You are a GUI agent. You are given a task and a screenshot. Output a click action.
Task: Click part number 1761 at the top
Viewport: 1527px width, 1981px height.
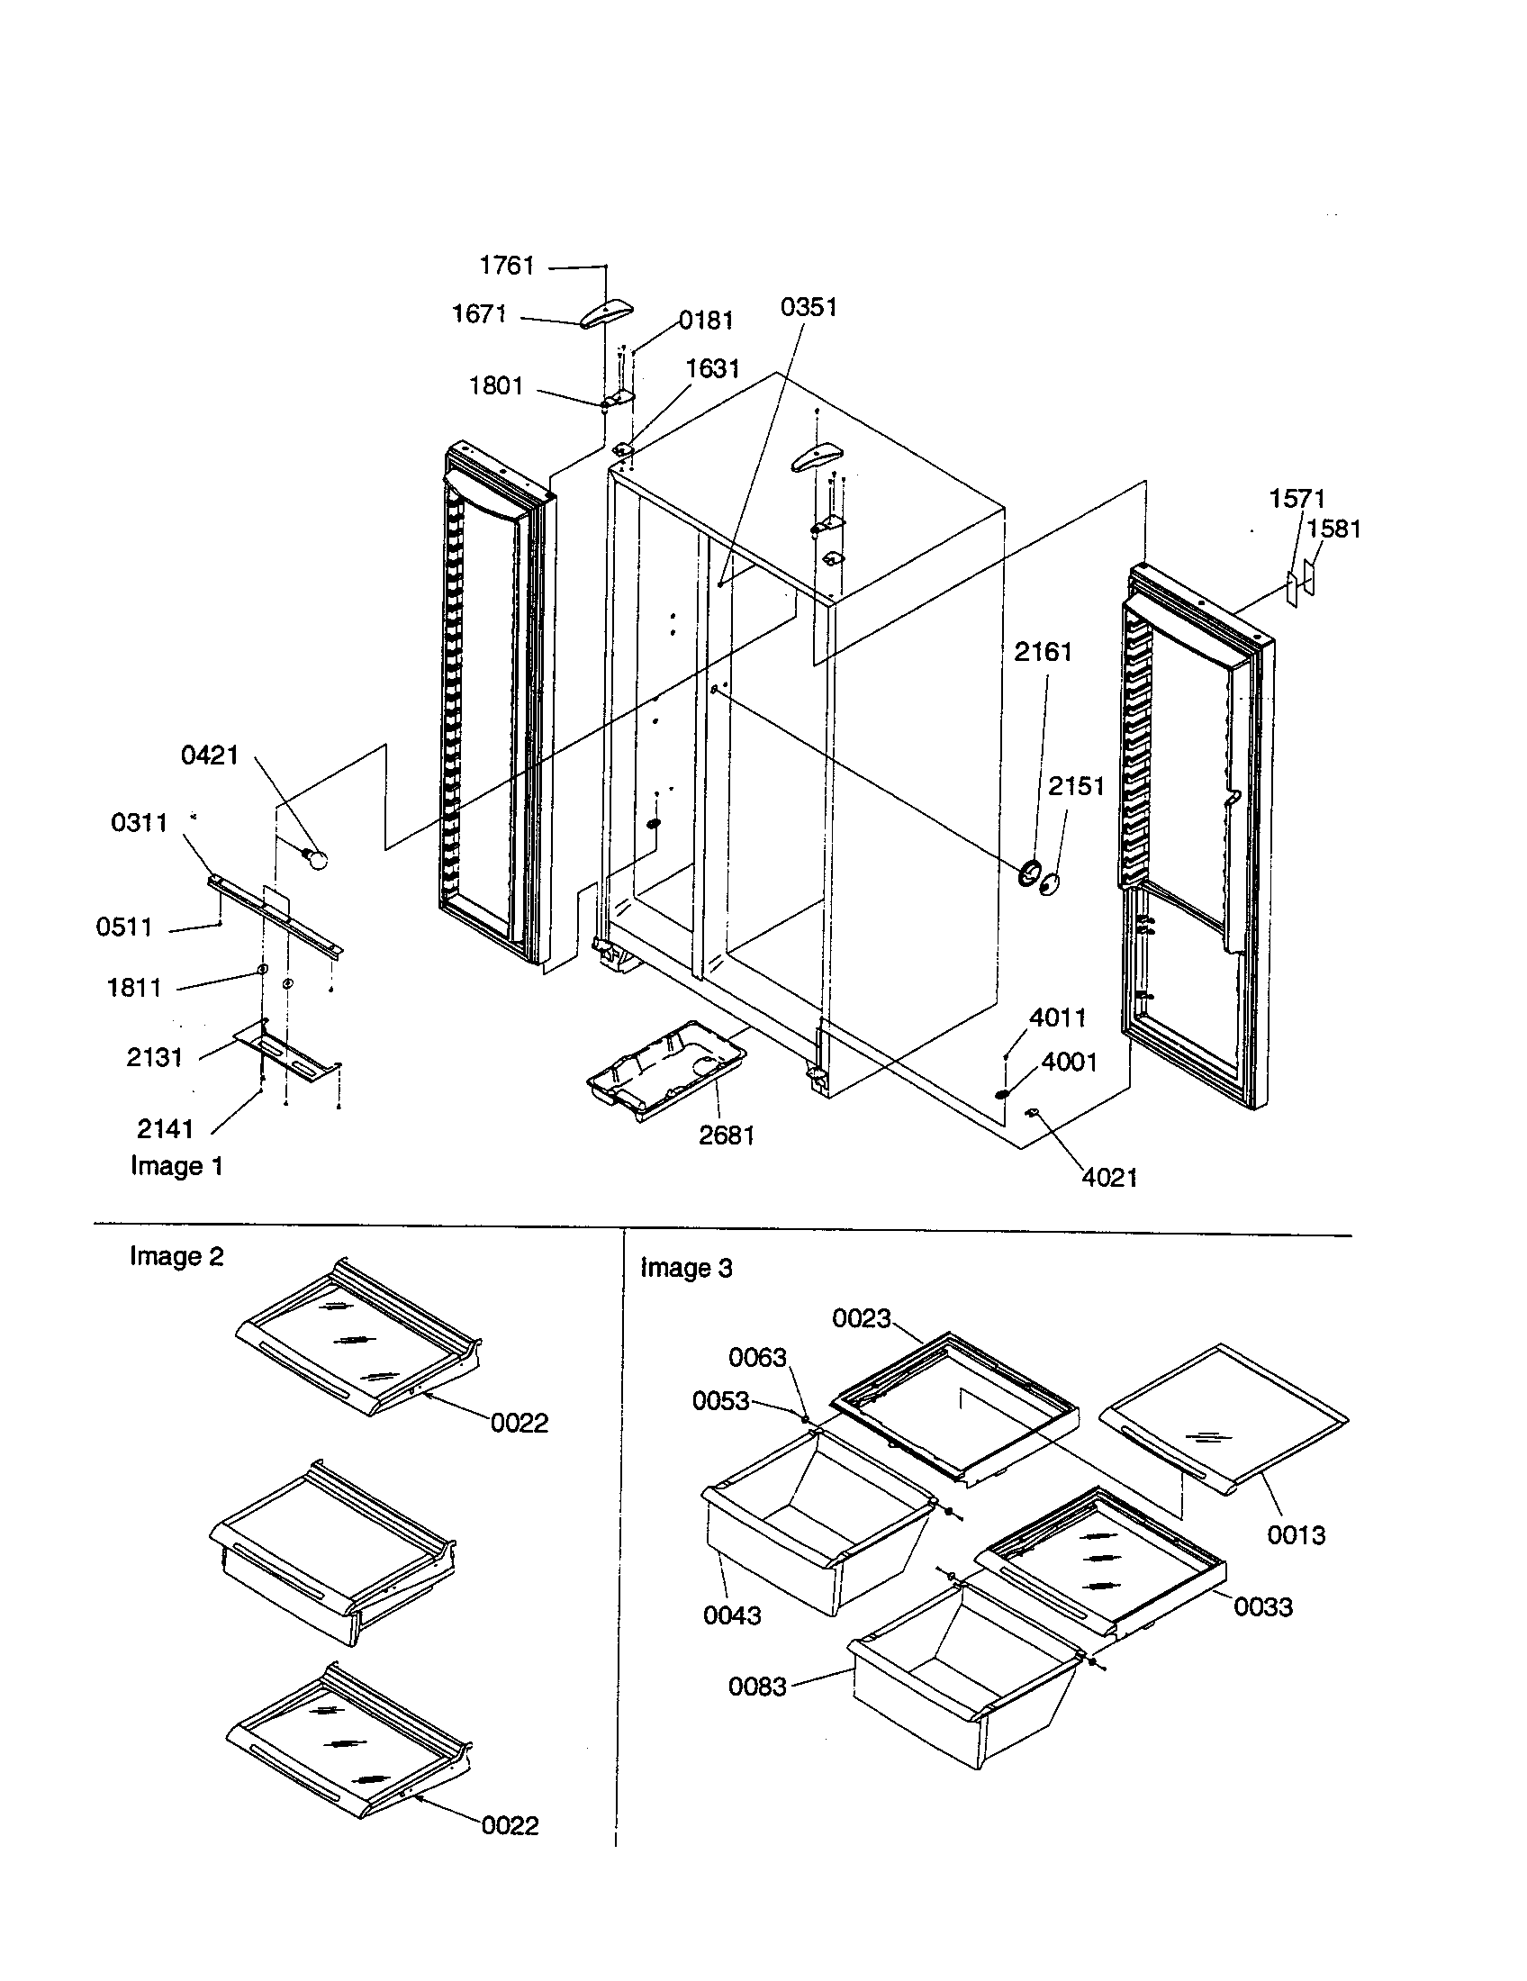pos(507,266)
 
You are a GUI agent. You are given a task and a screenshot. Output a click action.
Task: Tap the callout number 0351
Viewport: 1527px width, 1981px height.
pos(809,306)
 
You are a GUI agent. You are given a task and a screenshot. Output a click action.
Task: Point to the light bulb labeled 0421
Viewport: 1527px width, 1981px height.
pos(316,856)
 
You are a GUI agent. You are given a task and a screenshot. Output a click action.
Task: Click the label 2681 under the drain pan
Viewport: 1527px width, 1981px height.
pos(727,1135)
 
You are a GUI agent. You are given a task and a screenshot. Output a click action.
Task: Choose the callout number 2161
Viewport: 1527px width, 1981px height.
pos(1043,651)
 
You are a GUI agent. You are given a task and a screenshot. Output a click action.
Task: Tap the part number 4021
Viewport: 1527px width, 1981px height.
pos(1110,1178)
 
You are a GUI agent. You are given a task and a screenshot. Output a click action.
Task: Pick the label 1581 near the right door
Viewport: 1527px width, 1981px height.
pos(1333,529)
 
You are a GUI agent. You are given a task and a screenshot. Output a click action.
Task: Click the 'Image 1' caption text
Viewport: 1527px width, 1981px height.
pos(176,1165)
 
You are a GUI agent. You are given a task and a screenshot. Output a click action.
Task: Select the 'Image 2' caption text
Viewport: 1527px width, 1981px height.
pos(176,1256)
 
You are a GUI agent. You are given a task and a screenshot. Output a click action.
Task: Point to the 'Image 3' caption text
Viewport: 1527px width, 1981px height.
pos(686,1267)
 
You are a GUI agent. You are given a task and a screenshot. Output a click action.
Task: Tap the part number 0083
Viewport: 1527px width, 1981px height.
pos(757,1687)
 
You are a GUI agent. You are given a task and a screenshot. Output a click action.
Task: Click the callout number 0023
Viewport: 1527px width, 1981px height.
pos(862,1318)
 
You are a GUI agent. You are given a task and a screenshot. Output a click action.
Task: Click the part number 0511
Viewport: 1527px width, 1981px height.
pos(124,927)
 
